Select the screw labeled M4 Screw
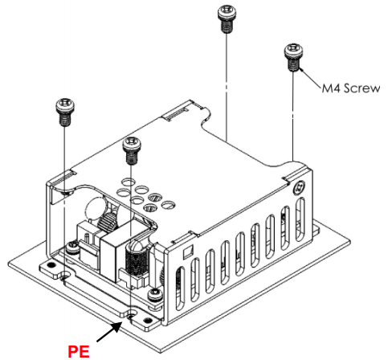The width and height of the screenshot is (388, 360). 292,57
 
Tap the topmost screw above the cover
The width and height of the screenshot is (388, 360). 227,18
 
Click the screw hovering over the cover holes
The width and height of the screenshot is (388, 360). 130,149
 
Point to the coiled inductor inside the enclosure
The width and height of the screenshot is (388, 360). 136,264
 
